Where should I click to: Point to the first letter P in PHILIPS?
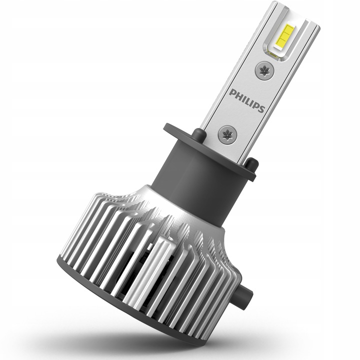point(233,92)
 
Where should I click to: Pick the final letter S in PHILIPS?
point(260,108)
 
